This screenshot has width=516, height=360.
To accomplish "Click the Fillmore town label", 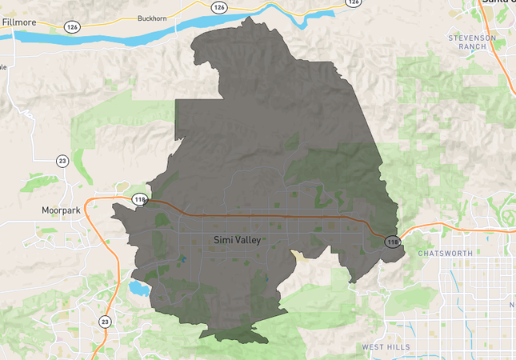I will point(19,22).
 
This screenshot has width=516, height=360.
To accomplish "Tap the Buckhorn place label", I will point(151,18).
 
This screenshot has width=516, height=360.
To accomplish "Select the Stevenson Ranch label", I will point(471,42).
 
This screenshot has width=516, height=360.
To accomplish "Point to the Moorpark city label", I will point(62,211).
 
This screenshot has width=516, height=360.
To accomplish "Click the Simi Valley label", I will point(238,240).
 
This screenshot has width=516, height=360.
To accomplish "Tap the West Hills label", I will point(386,347).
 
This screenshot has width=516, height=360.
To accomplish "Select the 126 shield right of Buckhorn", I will point(219,6).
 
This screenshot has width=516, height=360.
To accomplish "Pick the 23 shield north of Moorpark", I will point(62,161).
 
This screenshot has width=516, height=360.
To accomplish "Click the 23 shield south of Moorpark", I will point(105,322).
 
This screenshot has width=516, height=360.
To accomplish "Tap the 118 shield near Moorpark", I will point(140,199).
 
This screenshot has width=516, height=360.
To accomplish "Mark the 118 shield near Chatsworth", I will point(392,242).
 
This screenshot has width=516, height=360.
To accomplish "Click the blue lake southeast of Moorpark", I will point(138,286).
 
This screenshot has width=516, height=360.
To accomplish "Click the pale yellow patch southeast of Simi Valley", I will point(300,255).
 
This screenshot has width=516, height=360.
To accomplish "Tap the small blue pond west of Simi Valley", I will point(185,258).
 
